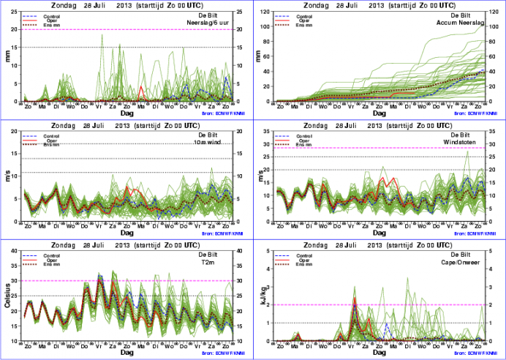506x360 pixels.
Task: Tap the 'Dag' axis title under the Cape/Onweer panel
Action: point(379,352)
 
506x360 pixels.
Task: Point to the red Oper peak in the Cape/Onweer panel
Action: point(355,299)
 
